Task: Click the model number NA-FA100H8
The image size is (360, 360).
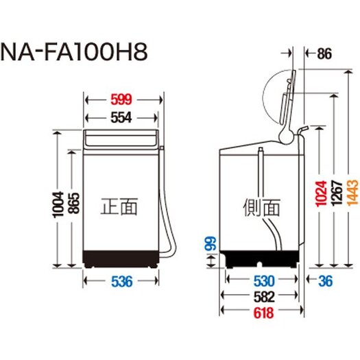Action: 74,53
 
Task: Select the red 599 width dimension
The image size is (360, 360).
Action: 121,99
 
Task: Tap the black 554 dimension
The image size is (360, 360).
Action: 121,118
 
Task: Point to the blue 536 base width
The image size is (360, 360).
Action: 121,281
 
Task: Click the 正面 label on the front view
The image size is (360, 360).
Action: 119,206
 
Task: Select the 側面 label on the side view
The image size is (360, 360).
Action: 261,208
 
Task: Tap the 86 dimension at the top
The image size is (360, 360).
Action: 324,53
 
